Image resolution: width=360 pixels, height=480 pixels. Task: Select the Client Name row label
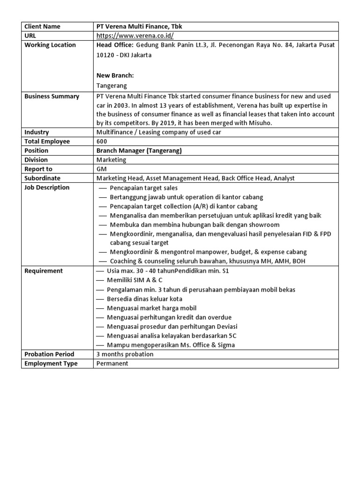click(x=42, y=27)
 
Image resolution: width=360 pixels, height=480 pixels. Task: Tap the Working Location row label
click(x=50, y=45)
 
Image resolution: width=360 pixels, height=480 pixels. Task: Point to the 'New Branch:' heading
click(x=115, y=75)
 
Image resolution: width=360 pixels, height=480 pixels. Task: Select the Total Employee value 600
click(x=102, y=142)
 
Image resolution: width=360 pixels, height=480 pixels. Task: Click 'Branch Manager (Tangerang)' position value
click(x=139, y=151)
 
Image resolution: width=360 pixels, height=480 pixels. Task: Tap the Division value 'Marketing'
click(x=111, y=160)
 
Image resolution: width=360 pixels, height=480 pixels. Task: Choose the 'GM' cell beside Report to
click(x=101, y=169)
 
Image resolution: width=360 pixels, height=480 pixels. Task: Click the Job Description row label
click(x=47, y=187)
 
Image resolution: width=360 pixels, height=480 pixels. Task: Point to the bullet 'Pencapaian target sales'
click(x=143, y=188)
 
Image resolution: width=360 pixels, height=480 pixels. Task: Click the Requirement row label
click(x=44, y=271)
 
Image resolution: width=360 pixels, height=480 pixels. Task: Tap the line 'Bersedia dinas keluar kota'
click(x=145, y=299)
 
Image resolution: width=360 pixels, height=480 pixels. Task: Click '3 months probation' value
click(x=125, y=354)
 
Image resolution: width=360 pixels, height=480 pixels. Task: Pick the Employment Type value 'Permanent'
click(x=112, y=364)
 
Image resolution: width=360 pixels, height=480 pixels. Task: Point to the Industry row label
click(x=37, y=133)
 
